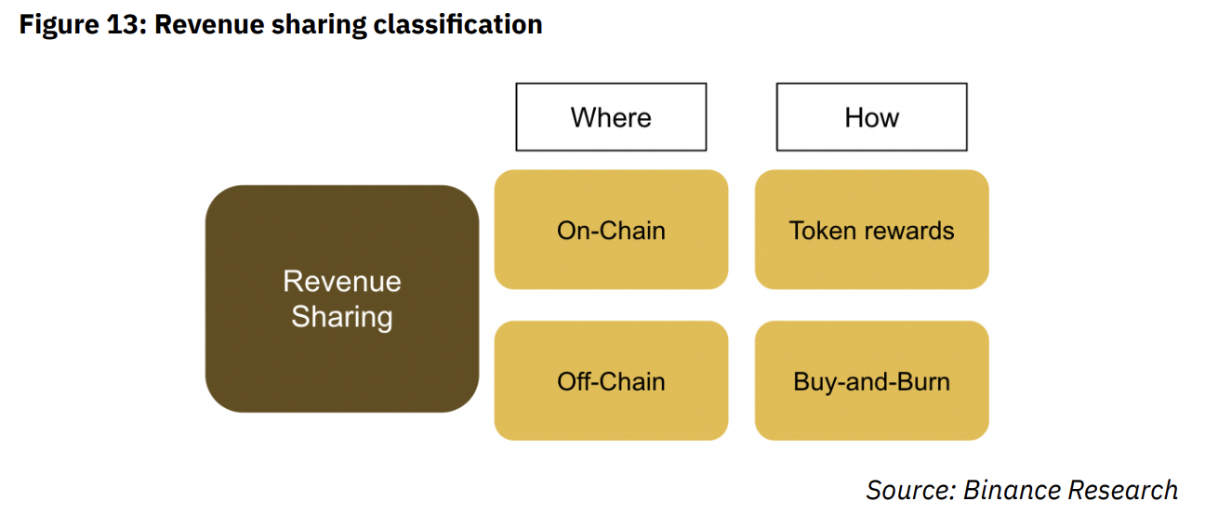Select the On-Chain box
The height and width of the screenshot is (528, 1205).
point(611,230)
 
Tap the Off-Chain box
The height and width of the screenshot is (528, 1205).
point(611,381)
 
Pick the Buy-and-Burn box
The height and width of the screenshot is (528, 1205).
point(871,381)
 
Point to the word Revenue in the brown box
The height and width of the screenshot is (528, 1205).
point(341,281)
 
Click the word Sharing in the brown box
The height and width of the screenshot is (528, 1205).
point(341,317)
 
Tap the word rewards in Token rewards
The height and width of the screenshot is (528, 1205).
point(914,231)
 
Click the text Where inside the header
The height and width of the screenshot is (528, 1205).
point(611,117)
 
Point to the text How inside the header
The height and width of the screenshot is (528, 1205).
point(871,117)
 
